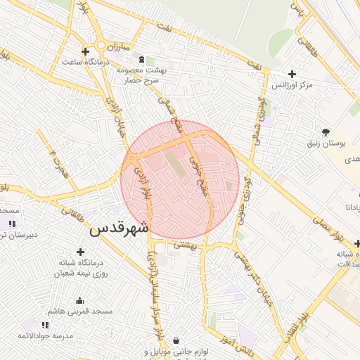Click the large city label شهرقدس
tap(120, 228)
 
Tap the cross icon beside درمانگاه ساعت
tap(85, 51)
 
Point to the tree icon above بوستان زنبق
tap(325, 131)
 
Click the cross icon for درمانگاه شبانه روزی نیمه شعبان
tap(80, 252)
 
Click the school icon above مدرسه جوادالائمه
tap(46, 325)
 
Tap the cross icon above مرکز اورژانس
tap(292, 73)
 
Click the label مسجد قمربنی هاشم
tap(76, 310)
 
